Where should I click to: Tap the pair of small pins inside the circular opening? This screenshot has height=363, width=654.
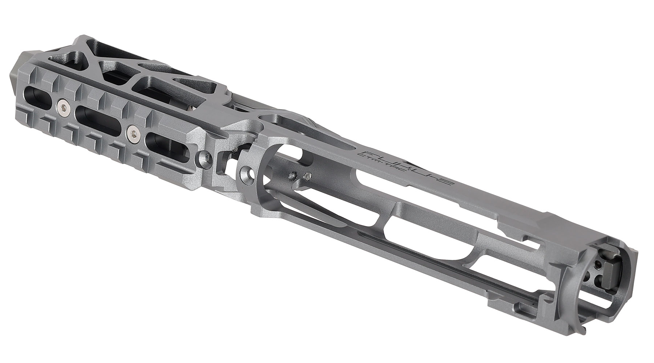click(x=298, y=176)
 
